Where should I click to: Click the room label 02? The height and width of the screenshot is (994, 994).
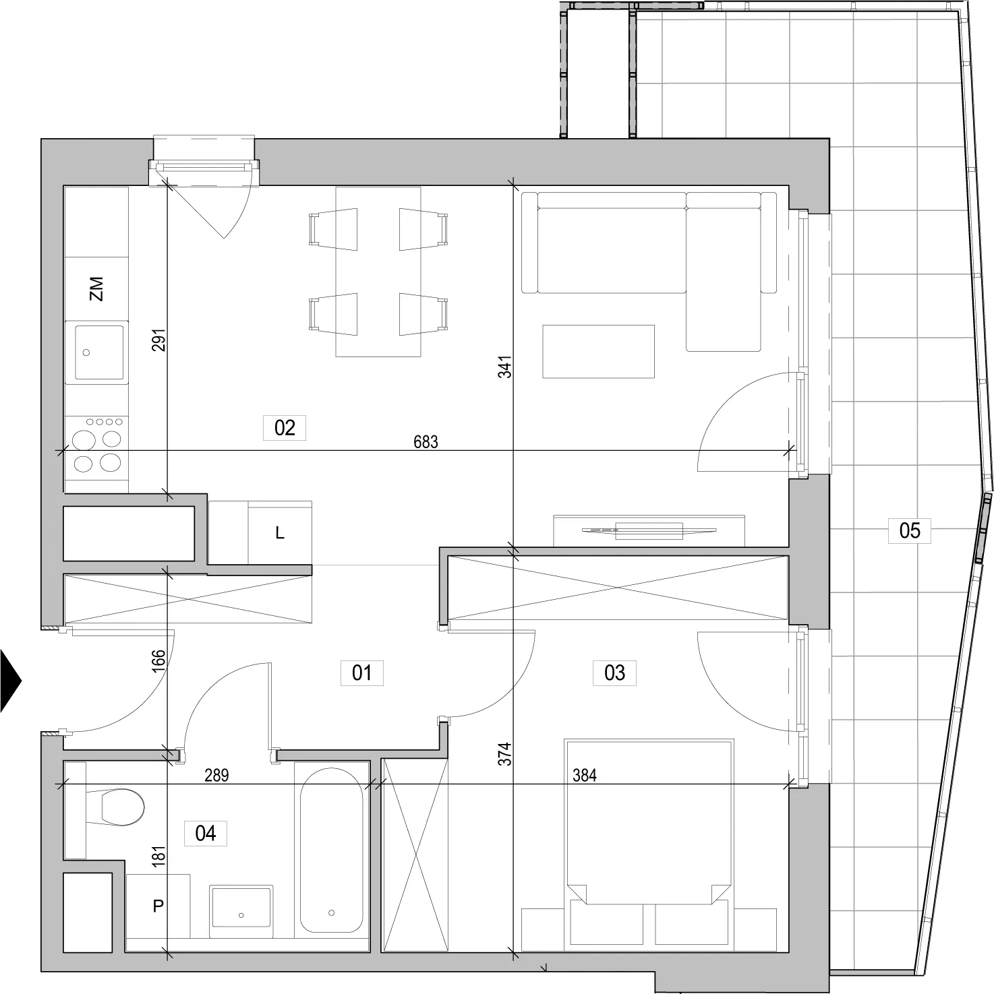[x=285, y=428]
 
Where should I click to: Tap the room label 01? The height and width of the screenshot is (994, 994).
[x=362, y=673]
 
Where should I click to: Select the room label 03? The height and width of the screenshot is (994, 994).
[x=614, y=673]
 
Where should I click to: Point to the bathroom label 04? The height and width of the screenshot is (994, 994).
[x=206, y=834]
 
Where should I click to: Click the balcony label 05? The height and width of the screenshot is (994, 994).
[x=910, y=530]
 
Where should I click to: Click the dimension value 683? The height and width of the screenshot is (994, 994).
[x=426, y=442]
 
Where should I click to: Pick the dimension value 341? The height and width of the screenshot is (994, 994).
[x=505, y=367]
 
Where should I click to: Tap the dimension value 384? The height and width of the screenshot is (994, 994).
[x=585, y=776]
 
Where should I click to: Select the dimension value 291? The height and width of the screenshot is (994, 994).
[x=159, y=340]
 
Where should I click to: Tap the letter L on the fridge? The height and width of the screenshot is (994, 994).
[x=280, y=533]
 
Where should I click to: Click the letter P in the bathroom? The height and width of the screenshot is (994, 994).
[x=158, y=906]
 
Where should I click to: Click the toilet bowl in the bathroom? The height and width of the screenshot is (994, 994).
[x=122, y=807]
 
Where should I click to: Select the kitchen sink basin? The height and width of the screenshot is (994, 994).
[x=99, y=352]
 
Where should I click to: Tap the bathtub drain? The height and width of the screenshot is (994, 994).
[x=331, y=912]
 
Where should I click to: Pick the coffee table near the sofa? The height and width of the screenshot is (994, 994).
[x=599, y=351]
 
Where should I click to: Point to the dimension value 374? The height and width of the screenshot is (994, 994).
[x=505, y=753]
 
